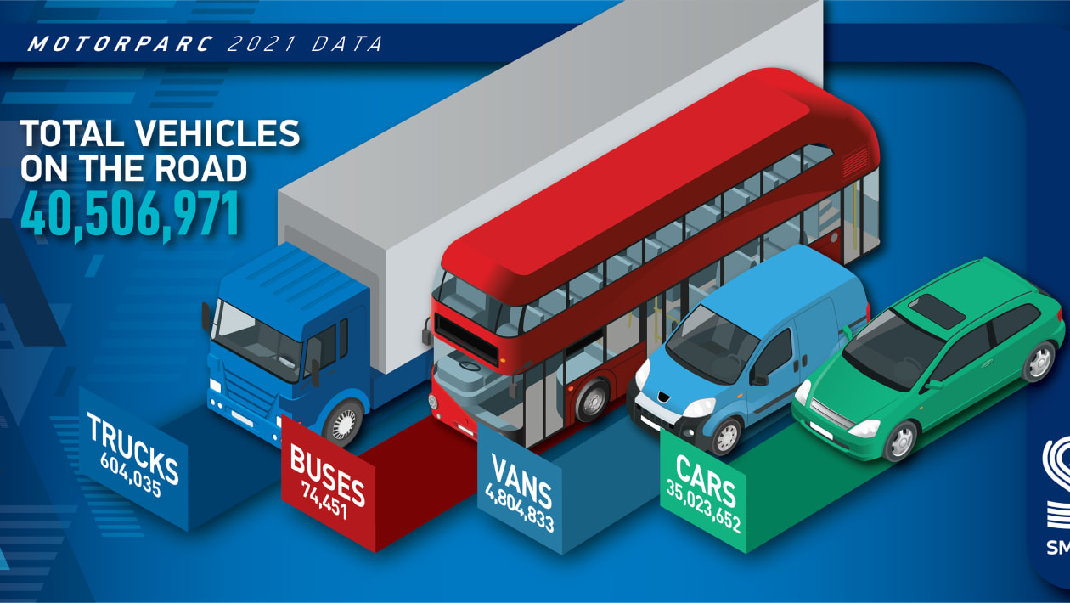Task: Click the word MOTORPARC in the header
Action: click(x=120, y=44)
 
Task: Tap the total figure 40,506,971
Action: click(x=130, y=213)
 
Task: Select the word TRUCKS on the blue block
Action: click(x=132, y=448)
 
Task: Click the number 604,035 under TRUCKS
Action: click(x=131, y=475)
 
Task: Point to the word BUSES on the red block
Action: click(x=327, y=475)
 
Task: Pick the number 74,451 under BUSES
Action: click(x=324, y=499)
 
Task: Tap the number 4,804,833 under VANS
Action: click(x=519, y=507)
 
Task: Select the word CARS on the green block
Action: click(x=706, y=480)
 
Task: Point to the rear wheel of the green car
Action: click(x=1039, y=361)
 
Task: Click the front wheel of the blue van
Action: click(x=726, y=436)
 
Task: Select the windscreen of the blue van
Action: click(x=712, y=344)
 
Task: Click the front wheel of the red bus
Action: click(x=593, y=399)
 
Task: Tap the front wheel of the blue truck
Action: click(x=345, y=423)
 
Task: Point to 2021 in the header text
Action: click(x=262, y=44)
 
